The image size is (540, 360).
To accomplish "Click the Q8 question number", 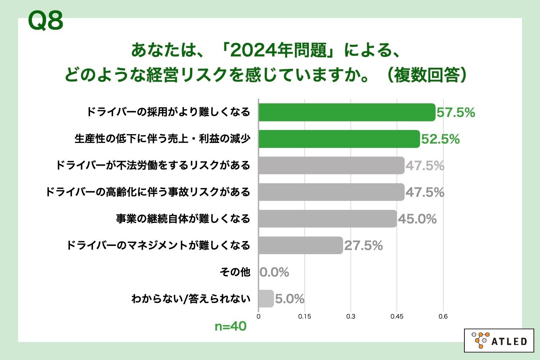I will click(45, 21).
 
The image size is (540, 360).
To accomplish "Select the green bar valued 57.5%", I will click(347, 112).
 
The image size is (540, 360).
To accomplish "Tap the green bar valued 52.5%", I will click(339, 139).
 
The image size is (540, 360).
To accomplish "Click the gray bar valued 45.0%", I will click(328, 219).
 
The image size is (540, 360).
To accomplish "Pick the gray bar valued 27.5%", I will click(301, 246).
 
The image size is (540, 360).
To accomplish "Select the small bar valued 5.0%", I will click(266, 299).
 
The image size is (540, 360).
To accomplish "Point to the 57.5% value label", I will click(456, 113).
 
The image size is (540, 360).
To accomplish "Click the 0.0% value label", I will click(274, 272).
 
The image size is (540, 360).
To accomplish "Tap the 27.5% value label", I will click(363, 246).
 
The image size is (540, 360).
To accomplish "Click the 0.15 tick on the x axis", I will click(305, 316).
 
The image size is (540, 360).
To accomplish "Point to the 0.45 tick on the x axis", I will click(397, 316).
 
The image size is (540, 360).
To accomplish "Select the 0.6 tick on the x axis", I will click(443, 316).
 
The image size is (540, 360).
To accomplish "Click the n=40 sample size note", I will click(230, 327).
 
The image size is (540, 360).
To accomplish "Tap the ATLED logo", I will click(499, 340).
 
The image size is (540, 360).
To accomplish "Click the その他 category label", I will click(235, 272).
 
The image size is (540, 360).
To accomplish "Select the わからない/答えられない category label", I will click(190, 299).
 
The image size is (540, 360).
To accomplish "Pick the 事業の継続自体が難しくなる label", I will click(183, 219).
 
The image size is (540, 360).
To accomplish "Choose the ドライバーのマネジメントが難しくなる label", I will click(158, 246).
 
